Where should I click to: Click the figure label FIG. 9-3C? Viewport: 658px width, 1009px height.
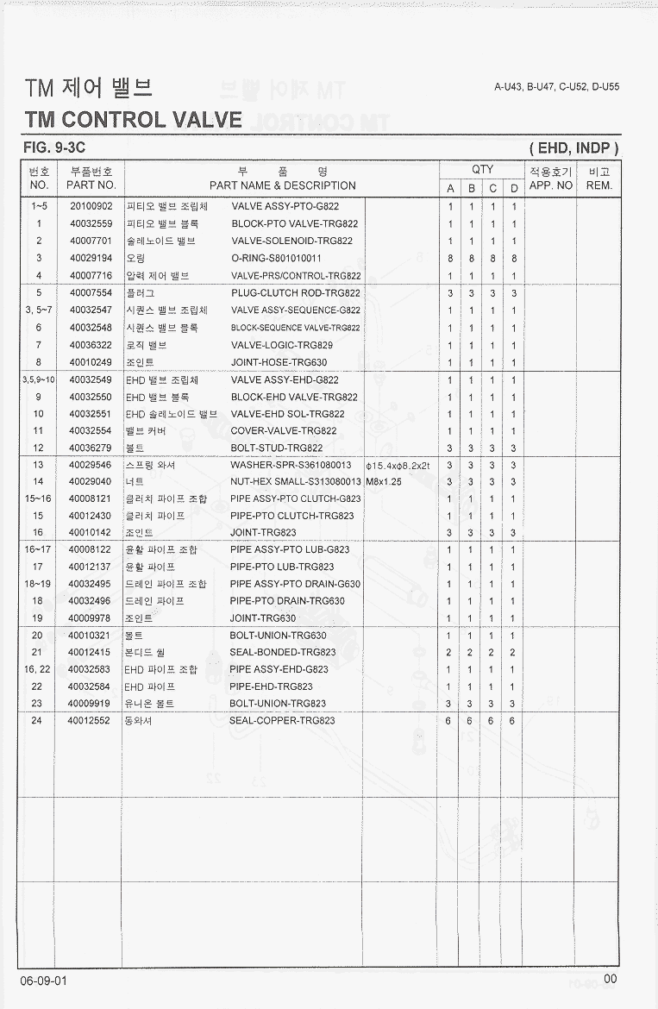[x=53, y=148]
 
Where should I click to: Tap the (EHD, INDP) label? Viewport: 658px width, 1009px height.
[x=573, y=148]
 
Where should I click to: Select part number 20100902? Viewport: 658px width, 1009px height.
[x=91, y=207]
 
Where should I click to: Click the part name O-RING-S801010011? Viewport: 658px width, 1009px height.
[x=276, y=259]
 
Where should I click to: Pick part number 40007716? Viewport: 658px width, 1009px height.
[x=91, y=276]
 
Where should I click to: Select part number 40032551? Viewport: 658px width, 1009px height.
[x=91, y=414]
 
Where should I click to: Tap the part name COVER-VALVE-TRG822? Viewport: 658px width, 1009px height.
[x=284, y=431]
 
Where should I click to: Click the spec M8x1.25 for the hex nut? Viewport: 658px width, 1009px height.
[x=384, y=482]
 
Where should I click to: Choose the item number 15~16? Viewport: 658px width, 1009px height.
[x=38, y=498]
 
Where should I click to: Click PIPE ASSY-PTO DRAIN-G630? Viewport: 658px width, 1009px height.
[x=295, y=584]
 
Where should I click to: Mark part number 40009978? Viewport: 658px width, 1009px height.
[x=91, y=618]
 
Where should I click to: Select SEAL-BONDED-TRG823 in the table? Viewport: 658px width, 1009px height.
[x=283, y=652]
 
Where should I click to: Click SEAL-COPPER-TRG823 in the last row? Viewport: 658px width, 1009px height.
[x=282, y=721]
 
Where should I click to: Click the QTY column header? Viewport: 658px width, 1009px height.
[x=482, y=170]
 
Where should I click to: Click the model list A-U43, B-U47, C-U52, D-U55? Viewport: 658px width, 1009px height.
[x=556, y=87]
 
